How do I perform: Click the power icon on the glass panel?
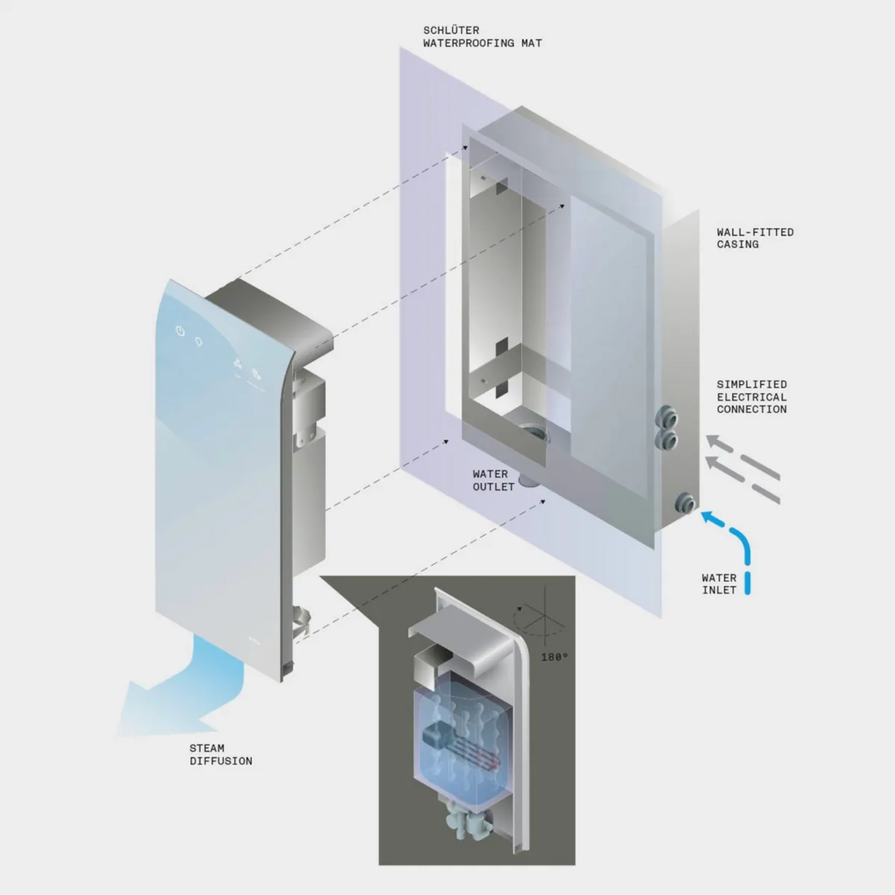tap(180, 330)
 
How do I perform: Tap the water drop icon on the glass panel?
tap(199, 342)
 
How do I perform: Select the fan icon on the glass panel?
tap(237, 364)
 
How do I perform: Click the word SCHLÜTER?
tap(451, 31)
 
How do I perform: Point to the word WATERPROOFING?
tap(468, 43)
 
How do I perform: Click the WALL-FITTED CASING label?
tap(755, 238)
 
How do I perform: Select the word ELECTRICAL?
tap(752, 397)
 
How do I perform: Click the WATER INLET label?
tap(719, 584)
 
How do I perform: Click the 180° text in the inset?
tap(555, 657)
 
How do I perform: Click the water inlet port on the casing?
tap(685, 503)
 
